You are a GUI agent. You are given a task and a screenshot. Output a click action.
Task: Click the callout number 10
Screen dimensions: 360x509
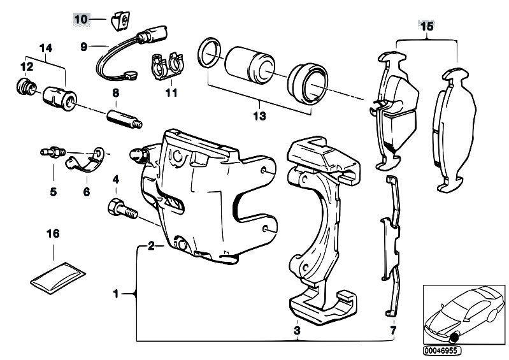(x=81, y=20)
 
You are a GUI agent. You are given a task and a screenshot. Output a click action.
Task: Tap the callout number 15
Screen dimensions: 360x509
(x=426, y=26)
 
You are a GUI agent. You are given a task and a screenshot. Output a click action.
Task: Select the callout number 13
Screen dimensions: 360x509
(x=259, y=117)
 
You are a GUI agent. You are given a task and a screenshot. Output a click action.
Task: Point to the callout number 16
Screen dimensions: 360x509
(x=53, y=234)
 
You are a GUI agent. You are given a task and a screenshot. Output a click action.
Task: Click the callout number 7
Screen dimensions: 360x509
(x=392, y=330)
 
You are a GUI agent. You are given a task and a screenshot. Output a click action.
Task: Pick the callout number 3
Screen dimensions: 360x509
(x=297, y=330)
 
